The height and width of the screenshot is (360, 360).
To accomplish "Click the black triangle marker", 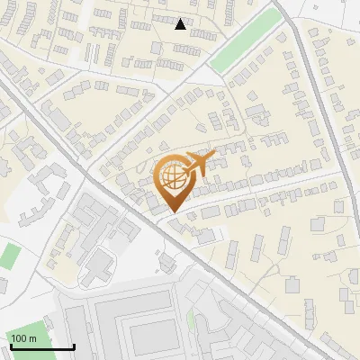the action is pos(181,24).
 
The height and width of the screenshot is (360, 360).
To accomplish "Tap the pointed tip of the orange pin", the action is pos(171,212).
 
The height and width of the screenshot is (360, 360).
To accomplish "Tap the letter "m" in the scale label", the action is pos(32,338).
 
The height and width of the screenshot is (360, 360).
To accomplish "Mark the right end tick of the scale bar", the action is pos(74,346).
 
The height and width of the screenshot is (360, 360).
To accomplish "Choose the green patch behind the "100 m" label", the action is pos(9,256).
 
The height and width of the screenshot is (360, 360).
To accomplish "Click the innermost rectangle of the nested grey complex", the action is pos(149,337).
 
